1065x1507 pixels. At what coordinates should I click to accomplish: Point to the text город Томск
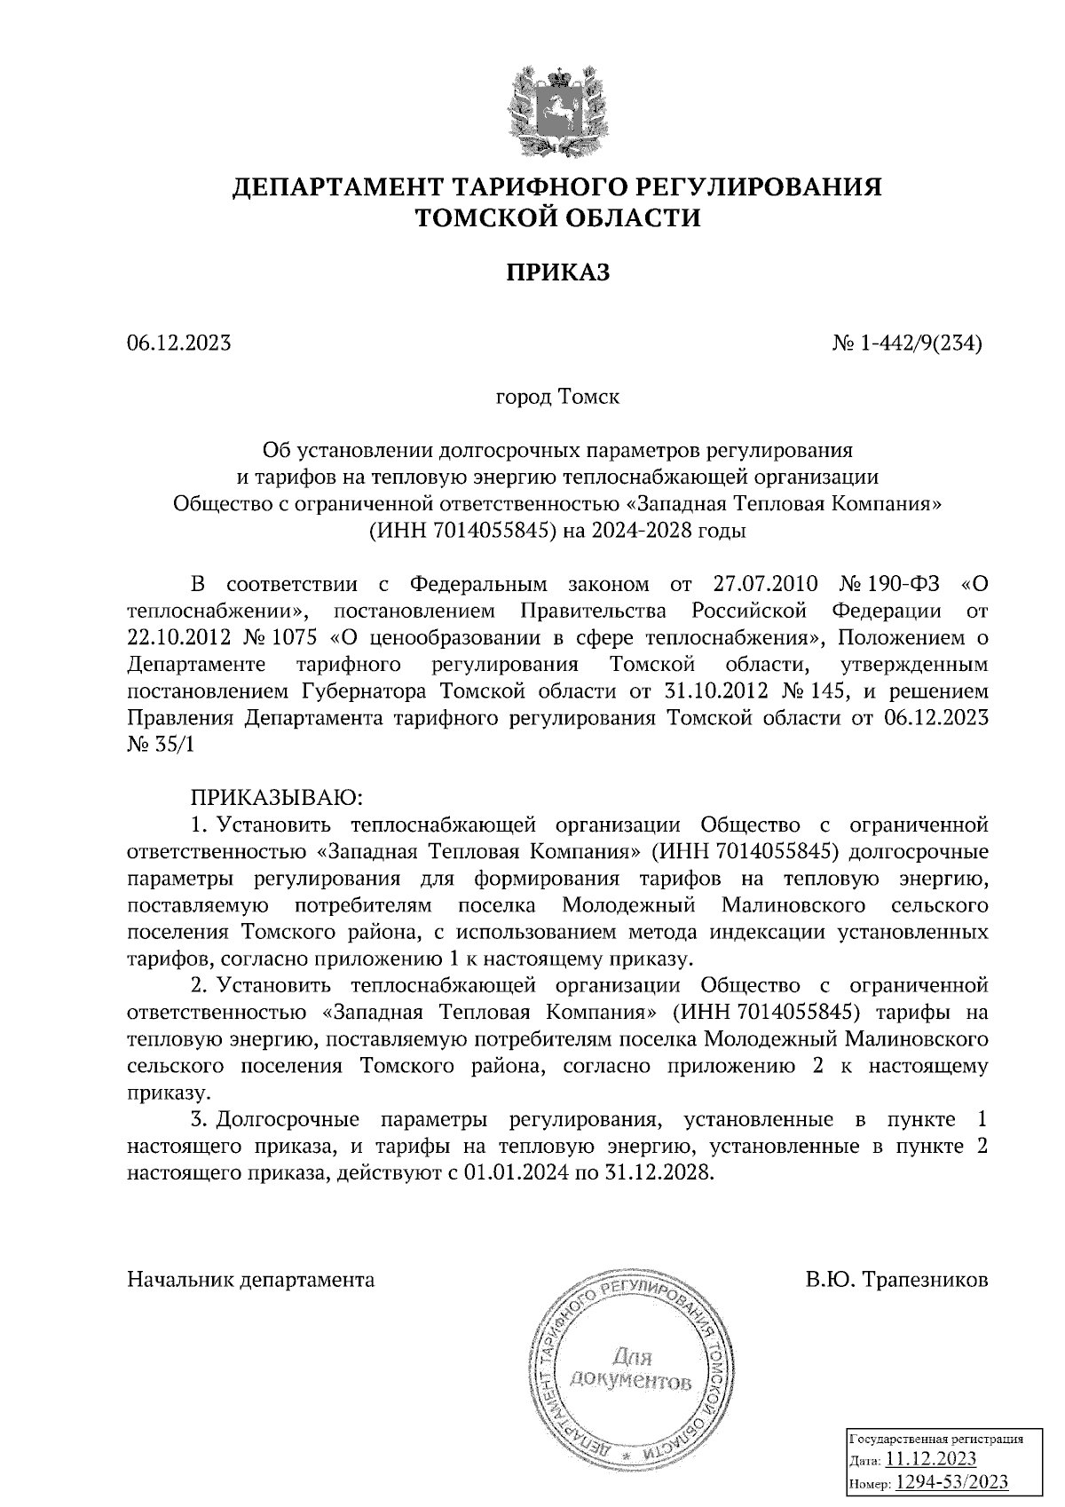click(557, 397)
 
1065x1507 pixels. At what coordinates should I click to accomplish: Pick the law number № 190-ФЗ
click(892, 585)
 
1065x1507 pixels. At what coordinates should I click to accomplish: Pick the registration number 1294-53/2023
click(951, 1482)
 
